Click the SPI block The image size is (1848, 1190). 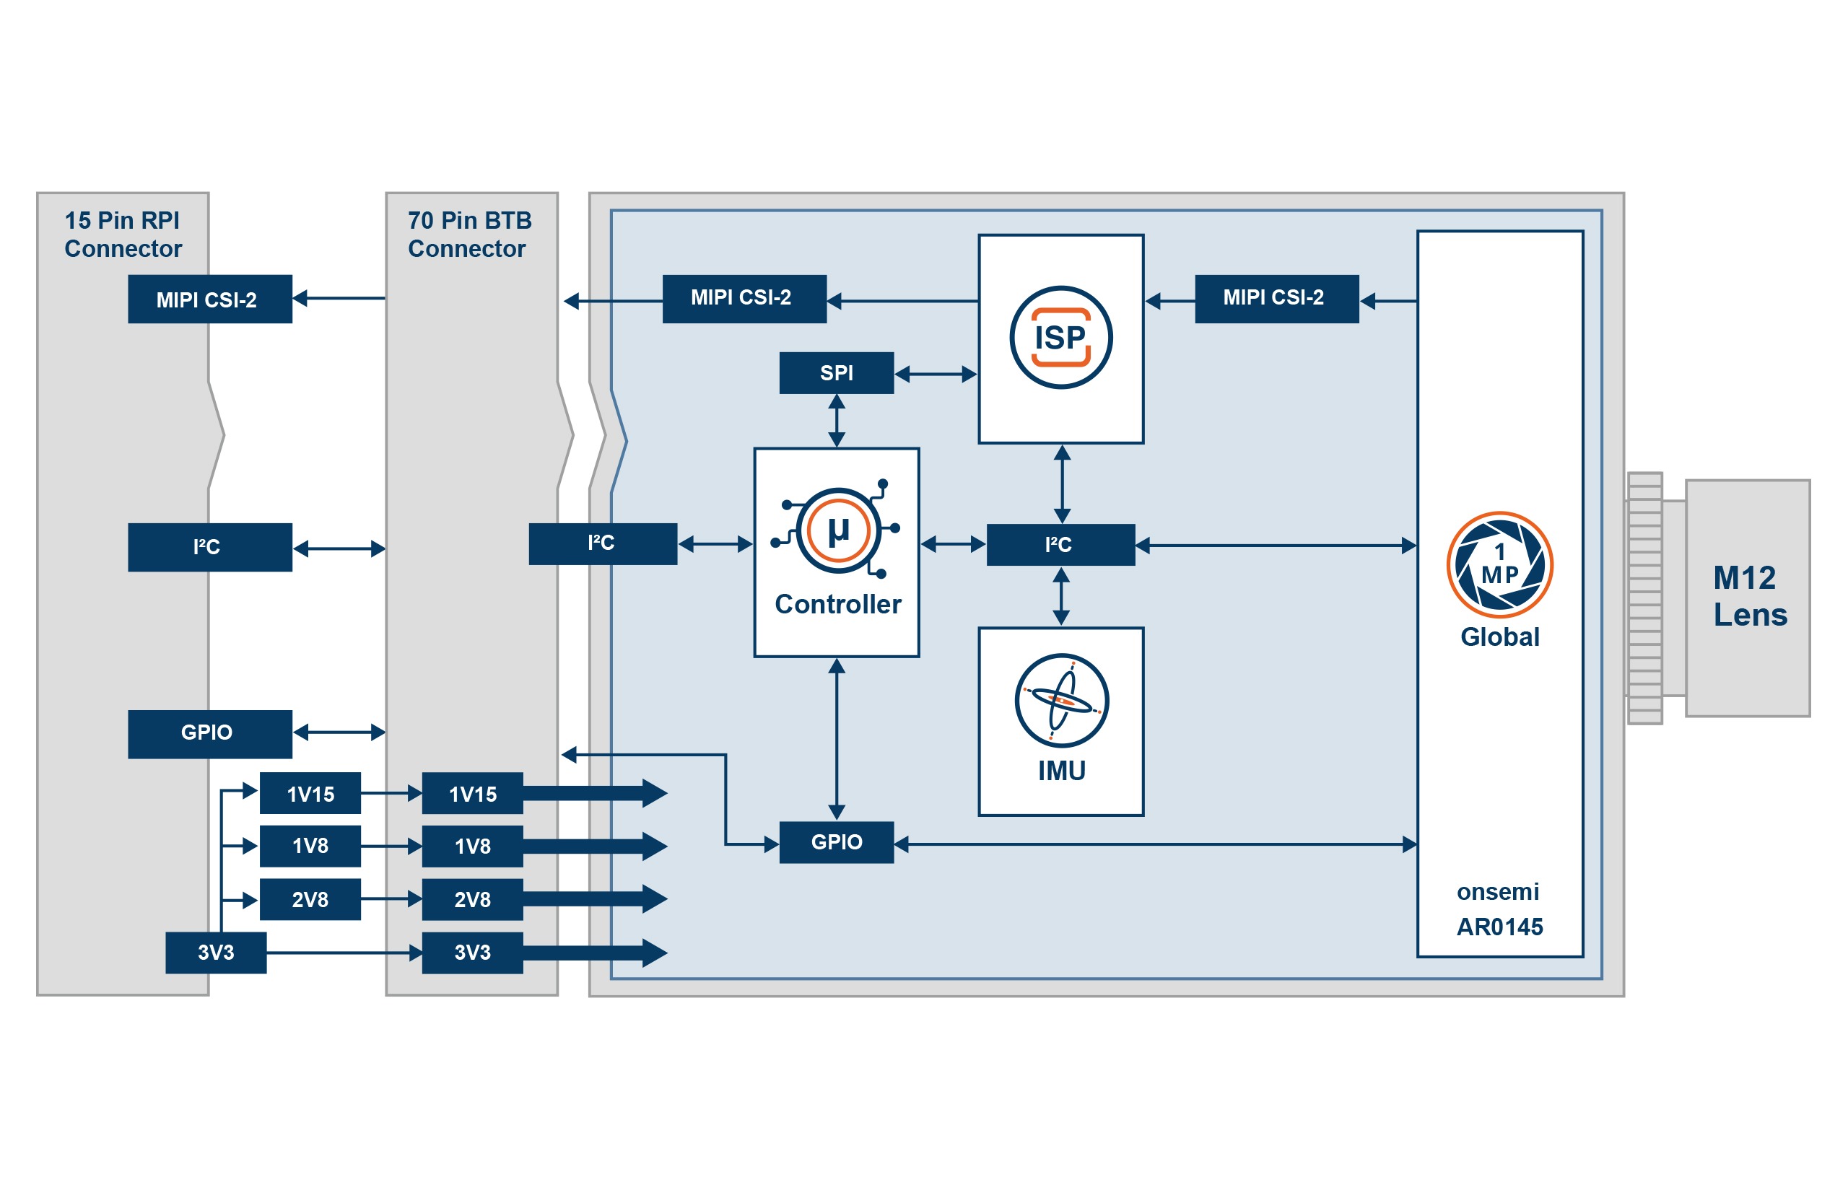pyautogui.click(x=835, y=372)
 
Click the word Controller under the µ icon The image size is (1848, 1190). pyautogui.click(x=837, y=603)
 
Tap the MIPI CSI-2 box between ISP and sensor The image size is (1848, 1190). pyautogui.click(x=1276, y=297)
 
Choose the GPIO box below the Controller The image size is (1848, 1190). pyautogui.click(x=835, y=841)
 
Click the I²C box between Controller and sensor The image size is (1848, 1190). pyautogui.click(x=1060, y=544)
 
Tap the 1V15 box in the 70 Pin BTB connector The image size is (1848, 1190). pyautogui.click(x=471, y=793)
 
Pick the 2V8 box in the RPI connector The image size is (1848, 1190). pyautogui.click(x=309, y=898)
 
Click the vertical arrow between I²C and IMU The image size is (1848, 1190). pyautogui.click(x=1060, y=596)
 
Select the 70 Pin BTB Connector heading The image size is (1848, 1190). pyautogui.click(x=468, y=234)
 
